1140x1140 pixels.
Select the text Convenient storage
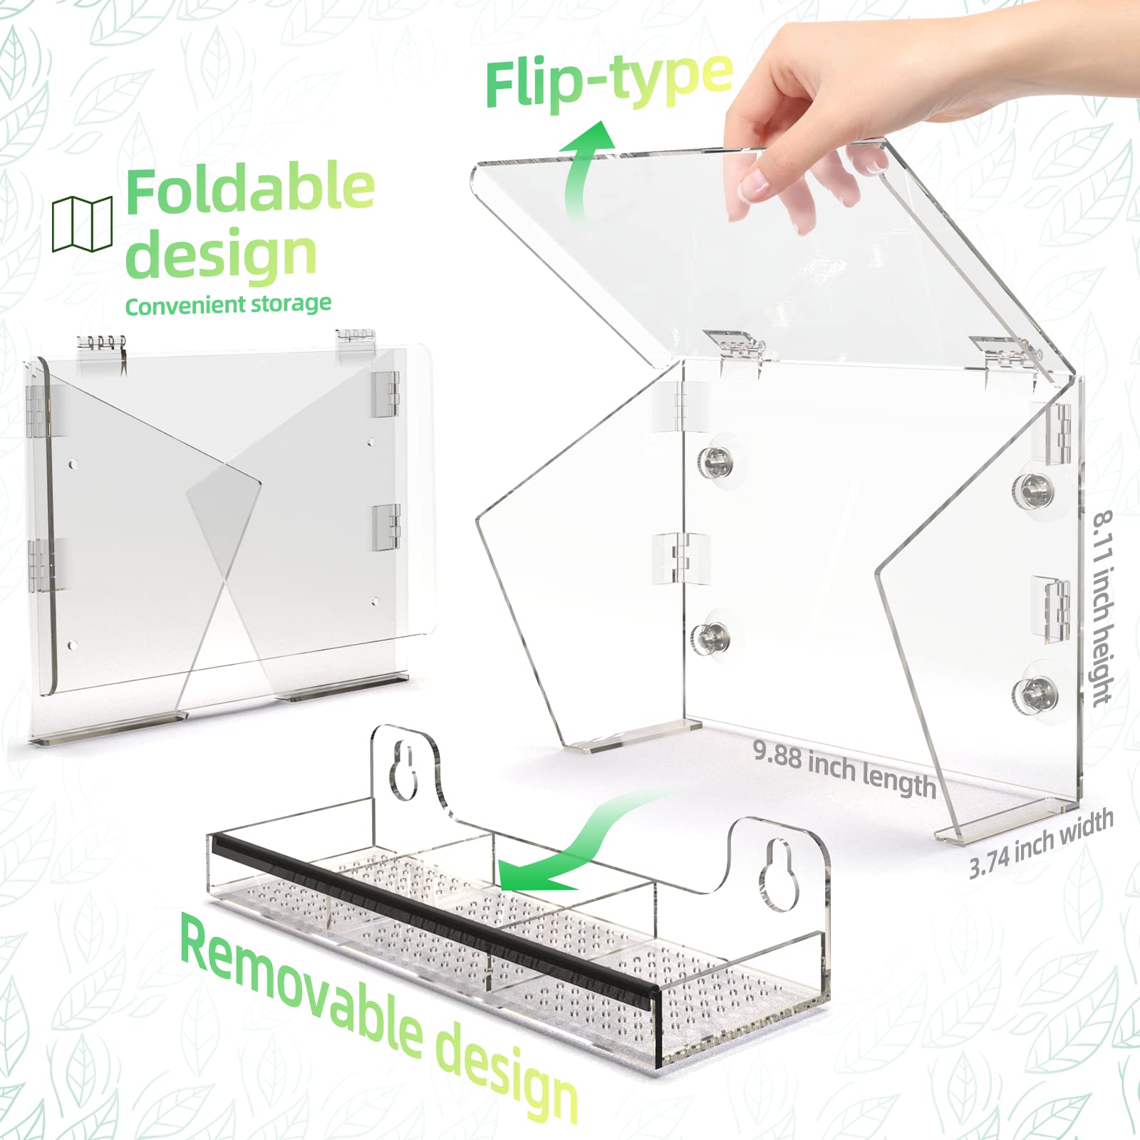point(228,305)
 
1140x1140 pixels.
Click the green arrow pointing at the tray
point(563,848)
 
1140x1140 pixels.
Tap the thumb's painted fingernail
point(754,187)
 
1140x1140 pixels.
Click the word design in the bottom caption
point(506,1083)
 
